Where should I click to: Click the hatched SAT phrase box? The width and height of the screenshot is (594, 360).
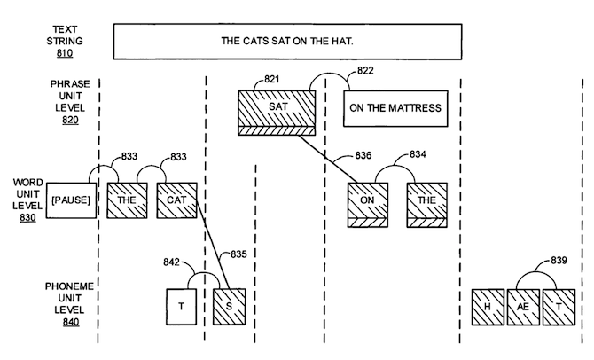pos(277,113)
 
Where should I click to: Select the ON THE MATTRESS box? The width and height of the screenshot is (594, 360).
pos(395,108)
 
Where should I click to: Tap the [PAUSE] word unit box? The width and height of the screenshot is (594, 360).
pos(71,200)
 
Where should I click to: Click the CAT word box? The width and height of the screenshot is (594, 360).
pos(177,200)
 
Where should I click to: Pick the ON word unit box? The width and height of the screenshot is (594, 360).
pos(367,205)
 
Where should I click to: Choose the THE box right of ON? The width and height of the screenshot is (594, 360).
pos(427,205)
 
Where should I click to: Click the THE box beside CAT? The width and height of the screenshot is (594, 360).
pos(127,200)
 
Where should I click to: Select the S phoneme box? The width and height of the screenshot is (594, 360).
pos(230,307)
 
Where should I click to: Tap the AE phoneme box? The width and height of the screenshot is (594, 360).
pos(523,307)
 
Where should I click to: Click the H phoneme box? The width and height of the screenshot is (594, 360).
pos(488,307)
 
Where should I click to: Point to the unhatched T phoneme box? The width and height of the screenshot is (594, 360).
pos(182,307)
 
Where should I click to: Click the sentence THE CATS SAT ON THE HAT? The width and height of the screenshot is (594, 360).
pos(287,41)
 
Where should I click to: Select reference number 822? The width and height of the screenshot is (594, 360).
pos(365,71)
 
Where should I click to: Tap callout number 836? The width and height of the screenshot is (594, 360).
pos(363,155)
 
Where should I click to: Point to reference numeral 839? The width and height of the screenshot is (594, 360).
pos(559,261)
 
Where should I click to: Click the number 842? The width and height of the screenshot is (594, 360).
pos(171,262)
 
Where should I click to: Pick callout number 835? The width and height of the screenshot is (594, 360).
pos(238,254)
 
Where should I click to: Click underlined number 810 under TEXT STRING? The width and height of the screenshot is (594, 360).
pos(65,53)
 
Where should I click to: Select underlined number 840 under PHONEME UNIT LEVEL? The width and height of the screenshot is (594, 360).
pos(71,322)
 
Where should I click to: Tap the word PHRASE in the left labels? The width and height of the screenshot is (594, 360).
pos(70,83)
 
